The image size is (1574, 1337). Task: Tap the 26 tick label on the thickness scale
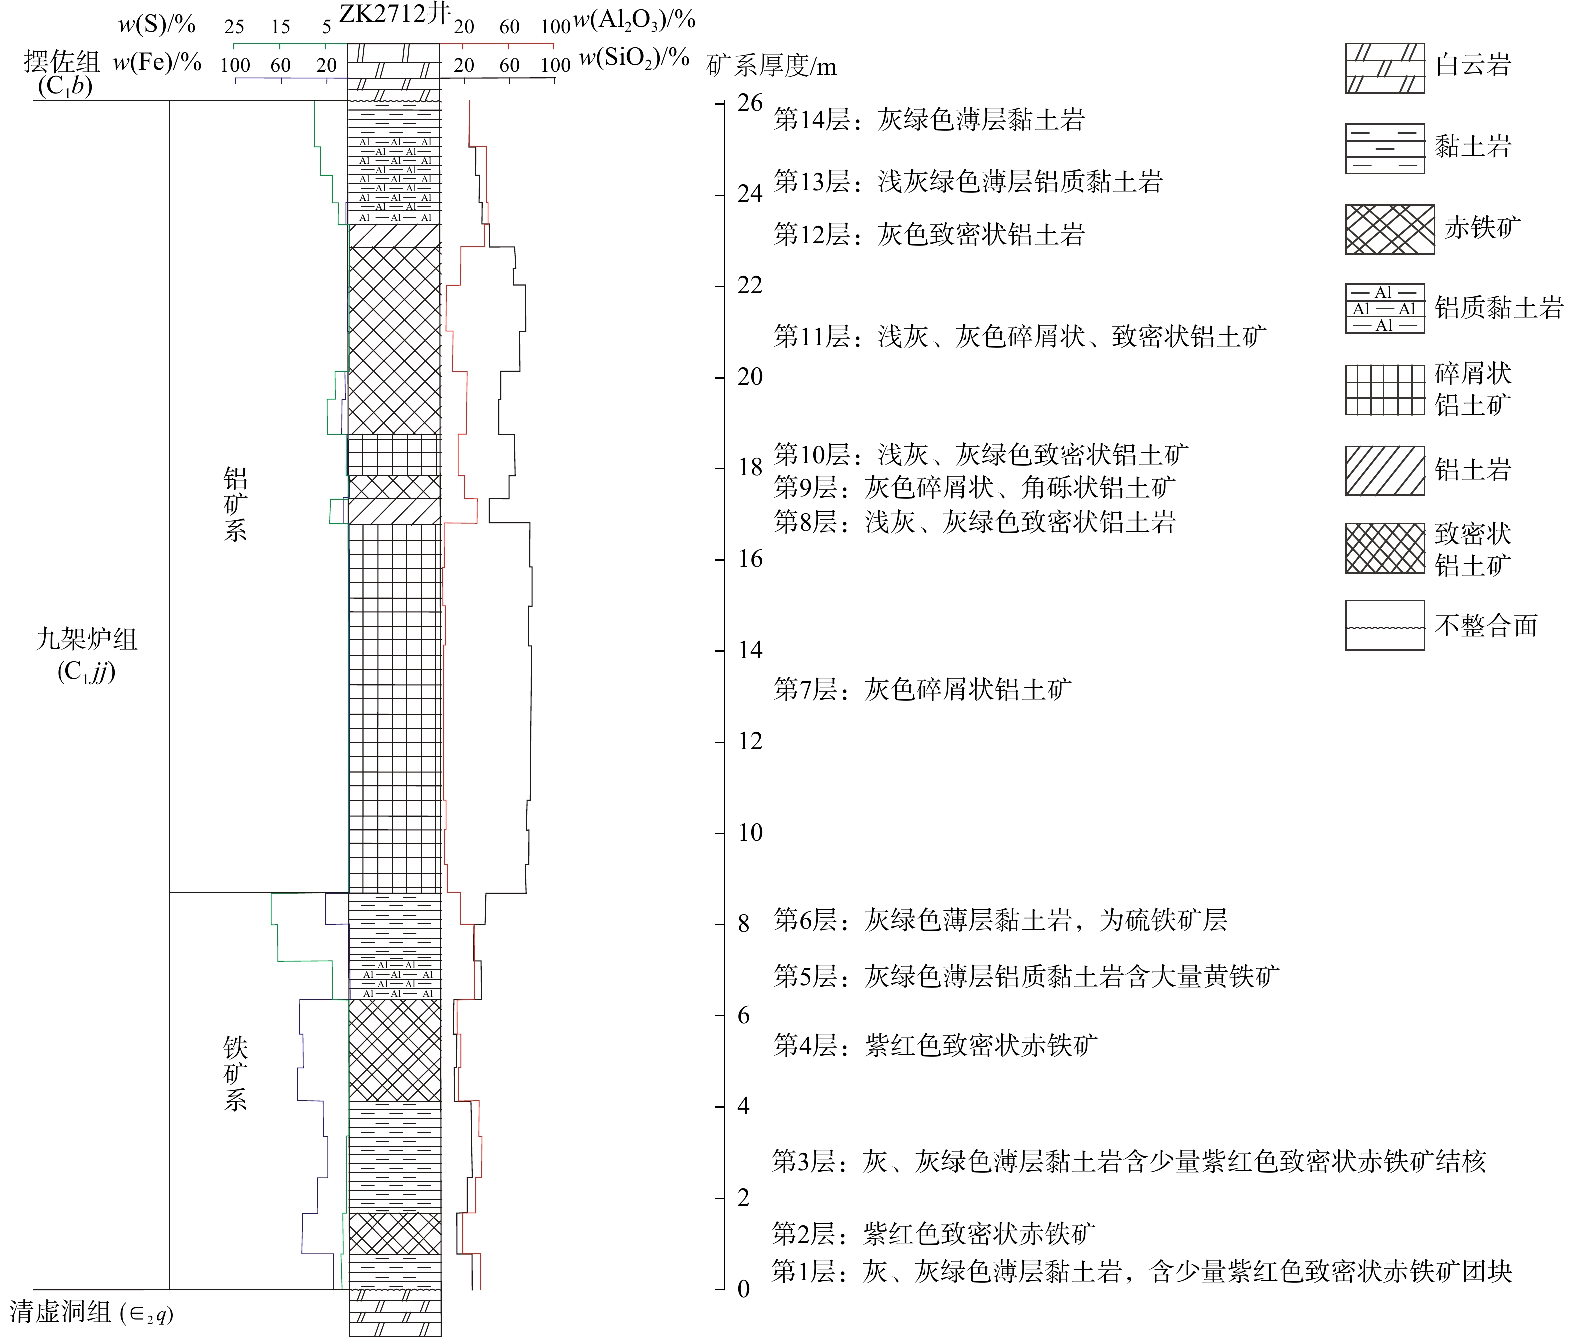(x=749, y=103)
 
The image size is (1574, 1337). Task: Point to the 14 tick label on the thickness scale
(x=749, y=650)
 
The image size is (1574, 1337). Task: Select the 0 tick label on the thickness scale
(x=743, y=1289)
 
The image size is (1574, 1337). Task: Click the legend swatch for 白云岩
(x=1385, y=68)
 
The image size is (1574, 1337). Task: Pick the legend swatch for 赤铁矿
(x=1389, y=229)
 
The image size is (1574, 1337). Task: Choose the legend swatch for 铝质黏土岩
(x=1385, y=309)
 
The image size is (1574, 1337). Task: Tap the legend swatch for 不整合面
(x=1385, y=625)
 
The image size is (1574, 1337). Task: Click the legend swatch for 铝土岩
(x=1385, y=470)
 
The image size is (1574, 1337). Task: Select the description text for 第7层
(x=922, y=689)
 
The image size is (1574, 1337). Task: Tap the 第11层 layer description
(x=1019, y=336)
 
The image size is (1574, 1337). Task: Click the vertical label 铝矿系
(x=235, y=504)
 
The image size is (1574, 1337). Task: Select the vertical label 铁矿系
(x=235, y=1073)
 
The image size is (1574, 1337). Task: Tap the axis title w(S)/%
(x=157, y=25)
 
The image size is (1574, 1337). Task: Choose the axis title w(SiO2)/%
(x=634, y=59)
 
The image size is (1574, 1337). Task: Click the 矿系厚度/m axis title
(x=771, y=67)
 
